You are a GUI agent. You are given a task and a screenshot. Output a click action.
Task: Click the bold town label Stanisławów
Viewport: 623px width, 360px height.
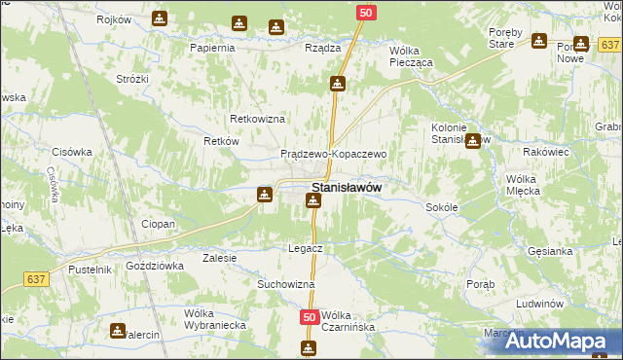tap(346, 187)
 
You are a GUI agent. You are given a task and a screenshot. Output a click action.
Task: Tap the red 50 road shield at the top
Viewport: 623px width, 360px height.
tap(365, 12)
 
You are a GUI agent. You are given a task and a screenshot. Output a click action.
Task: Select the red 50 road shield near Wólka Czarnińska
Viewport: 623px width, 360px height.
tap(310, 317)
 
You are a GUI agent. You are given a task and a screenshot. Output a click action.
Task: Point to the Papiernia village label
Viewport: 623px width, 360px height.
tap(213, 47)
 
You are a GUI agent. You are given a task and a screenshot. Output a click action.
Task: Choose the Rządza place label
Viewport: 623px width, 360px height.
tap(322, 47)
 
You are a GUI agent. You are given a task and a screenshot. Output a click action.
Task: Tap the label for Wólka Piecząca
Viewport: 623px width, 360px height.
tap(417, 55)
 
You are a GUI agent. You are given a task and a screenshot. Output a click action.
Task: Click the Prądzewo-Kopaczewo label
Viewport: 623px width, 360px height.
tap(334, 154)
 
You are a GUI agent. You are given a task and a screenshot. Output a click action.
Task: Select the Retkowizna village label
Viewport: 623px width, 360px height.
tap(257, 119)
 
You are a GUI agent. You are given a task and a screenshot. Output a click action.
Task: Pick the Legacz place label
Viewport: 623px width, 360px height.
tap(305, 248)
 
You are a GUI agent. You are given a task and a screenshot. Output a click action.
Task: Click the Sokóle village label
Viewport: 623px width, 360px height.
tap(442, 207)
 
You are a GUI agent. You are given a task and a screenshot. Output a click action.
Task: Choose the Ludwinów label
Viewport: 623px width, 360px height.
tap(541, 304)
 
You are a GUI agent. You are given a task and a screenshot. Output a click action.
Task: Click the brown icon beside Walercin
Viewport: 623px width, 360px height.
tap(118, 331)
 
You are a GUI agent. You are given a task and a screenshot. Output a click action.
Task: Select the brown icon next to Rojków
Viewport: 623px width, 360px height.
tap(159, 18)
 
